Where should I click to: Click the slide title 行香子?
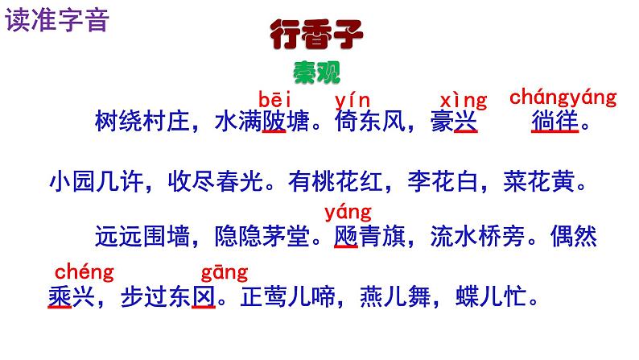(317, 36)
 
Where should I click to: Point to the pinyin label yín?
(352, 100)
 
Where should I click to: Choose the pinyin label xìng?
(464, 101)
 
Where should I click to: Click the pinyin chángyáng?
(563, 98)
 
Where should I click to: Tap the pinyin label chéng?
(84, 271)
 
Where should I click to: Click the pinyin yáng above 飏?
(348, 213)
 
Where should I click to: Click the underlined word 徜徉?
(555, 125)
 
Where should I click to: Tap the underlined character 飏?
(346, 238)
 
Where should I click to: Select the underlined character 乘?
(60, 297)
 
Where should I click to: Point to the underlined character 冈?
(204, 297)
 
